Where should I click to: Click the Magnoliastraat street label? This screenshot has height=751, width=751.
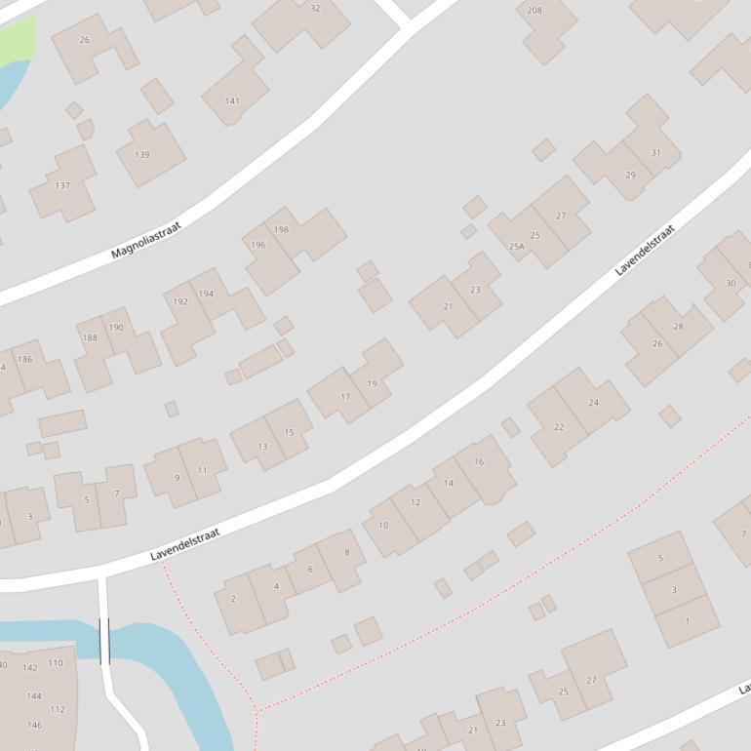145,240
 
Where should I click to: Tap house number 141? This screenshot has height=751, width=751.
232,101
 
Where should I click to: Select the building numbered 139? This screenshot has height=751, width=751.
142,155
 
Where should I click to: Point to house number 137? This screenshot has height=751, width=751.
62,185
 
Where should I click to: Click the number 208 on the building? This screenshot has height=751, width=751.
534,11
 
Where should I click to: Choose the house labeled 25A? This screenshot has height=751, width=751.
517,247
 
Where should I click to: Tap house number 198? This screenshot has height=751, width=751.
282,230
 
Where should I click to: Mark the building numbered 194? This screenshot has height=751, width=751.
206,294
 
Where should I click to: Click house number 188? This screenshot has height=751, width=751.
90,338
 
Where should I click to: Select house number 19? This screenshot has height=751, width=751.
372,384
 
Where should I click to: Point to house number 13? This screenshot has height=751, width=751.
262,447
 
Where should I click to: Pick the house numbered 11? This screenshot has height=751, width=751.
202,470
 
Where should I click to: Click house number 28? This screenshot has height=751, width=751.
678,327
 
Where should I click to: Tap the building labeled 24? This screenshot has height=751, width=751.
593,403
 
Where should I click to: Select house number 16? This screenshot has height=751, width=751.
479,462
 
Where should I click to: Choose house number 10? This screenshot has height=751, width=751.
383,526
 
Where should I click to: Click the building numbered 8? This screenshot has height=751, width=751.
346,553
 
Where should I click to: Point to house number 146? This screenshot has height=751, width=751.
34,726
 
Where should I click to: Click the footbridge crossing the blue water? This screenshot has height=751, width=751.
104,641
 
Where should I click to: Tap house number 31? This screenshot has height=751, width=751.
655,153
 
